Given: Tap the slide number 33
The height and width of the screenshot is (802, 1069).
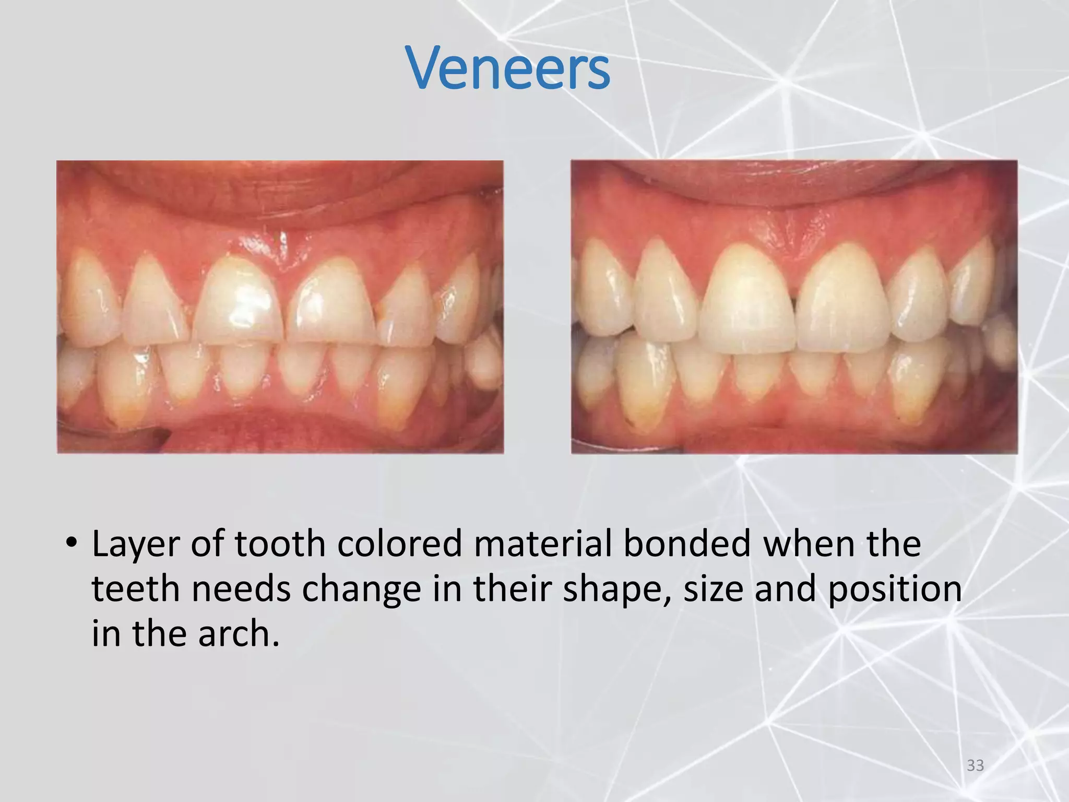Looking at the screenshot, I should point(975,765).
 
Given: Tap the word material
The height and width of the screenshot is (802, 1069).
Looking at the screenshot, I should point(543,544).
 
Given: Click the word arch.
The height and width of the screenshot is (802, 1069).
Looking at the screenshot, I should point(238,634).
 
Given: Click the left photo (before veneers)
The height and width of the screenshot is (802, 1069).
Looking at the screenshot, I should point(280,306).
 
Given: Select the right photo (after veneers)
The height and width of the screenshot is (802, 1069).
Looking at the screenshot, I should point(794,306).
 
